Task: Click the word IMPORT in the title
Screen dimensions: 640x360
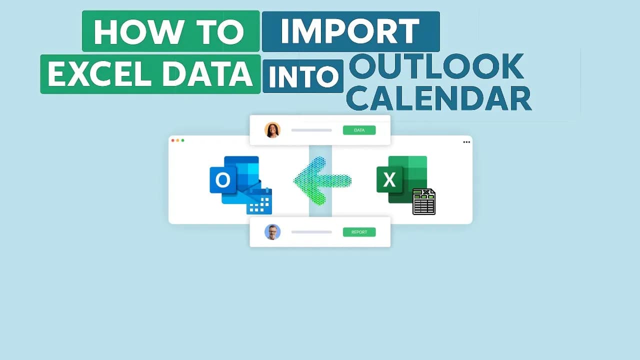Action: click(x=350, y=31)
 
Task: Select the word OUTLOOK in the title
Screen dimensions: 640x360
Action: click(x=436, y=66)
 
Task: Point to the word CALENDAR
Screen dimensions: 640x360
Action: click(x=439, y=98)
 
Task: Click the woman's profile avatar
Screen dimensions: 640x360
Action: click(x=272, y=130)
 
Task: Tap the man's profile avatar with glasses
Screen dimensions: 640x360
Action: click(x=272, y=232)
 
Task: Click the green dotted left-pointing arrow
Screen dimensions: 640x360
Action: click(x=322, y=181)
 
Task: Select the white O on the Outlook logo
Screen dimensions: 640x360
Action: click(x=222, y=180)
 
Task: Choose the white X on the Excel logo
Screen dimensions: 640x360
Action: click(x=389, y=179)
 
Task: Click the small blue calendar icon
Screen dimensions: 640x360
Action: click(x=259, y=201)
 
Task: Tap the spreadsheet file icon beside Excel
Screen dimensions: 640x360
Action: click(x=424, y=201)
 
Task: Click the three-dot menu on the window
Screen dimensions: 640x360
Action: click(x=466, y=142)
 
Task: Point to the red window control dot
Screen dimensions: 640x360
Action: click(x=172, y=140)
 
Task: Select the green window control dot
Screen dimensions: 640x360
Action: click(x=183, y=140)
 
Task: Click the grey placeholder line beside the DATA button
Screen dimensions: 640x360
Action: click(x=311, y=130)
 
